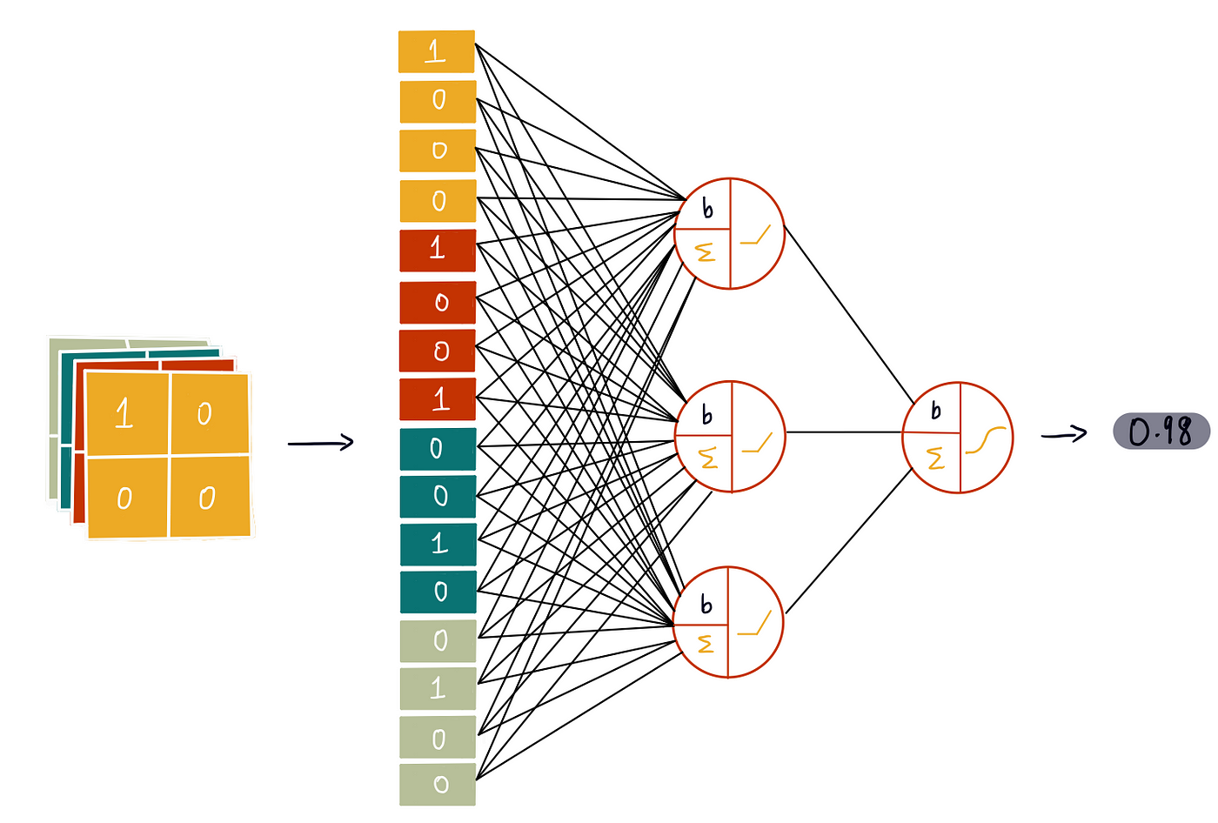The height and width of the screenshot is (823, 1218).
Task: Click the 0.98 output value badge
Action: (x=1161, y=432)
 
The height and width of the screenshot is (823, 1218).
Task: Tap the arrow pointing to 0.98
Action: (x=1064, y=434)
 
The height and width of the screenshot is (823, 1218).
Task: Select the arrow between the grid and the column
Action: (x=320, y=444)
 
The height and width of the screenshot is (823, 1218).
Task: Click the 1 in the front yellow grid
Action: (x=124, y=413)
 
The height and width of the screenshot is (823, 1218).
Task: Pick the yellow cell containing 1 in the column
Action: (x=436, y=51)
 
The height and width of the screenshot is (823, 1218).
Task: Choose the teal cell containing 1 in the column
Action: (x=438, y=544)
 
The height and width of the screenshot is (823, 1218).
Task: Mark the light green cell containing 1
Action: (x=438, y=688)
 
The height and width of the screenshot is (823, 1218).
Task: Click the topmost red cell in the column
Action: (x=438, y=250)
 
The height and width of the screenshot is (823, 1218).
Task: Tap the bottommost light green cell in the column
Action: (x=438, y=784)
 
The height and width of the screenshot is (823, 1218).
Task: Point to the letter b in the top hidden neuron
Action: (x=707, y=208)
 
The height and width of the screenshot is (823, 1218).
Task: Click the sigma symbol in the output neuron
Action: (x=936, y=458)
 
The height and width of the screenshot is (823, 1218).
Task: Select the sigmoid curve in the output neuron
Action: (x=986, y=440)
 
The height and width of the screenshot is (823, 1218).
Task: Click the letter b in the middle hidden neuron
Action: (x=706, y=414)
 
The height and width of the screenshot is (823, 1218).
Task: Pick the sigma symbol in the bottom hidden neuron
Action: (x=706, y=644)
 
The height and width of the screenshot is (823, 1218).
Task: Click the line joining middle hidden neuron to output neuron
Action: (x=844, y=432)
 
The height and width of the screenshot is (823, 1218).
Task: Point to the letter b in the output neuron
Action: (x=936, y=411)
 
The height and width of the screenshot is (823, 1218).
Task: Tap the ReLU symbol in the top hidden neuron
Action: (x=756, y=236)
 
